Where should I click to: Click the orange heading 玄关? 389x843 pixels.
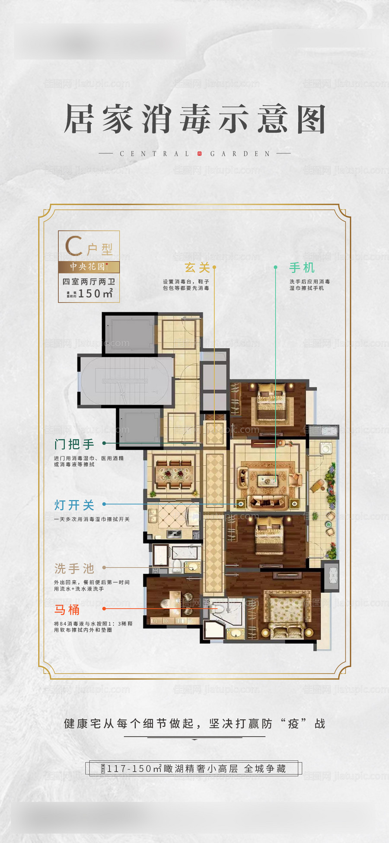(x=197, y=268)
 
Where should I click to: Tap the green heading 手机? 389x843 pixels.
(x=302, y=268)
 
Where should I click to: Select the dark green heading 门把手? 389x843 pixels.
(x=74, y=444)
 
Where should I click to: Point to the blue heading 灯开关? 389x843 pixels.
(x=74, y=505)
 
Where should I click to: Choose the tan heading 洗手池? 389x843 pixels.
(x=74, y=568)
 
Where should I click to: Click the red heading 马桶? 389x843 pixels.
(x=67, y=610)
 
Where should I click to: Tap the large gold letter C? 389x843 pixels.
(x=74, y=246)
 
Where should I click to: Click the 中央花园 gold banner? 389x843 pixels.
(x=89, y=267)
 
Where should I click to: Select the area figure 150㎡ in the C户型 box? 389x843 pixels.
(x=96, y=293)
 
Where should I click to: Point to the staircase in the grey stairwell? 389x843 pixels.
(x=125, y=381)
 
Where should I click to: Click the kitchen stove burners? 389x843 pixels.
(x=175, y=534)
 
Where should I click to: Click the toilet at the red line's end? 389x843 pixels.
(x=219, y=608)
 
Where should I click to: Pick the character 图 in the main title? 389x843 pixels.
(x=311, y=119)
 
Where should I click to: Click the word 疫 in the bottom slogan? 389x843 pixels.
(x=293, y=724)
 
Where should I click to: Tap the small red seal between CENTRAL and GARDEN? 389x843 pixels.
(x=199, y=154)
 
